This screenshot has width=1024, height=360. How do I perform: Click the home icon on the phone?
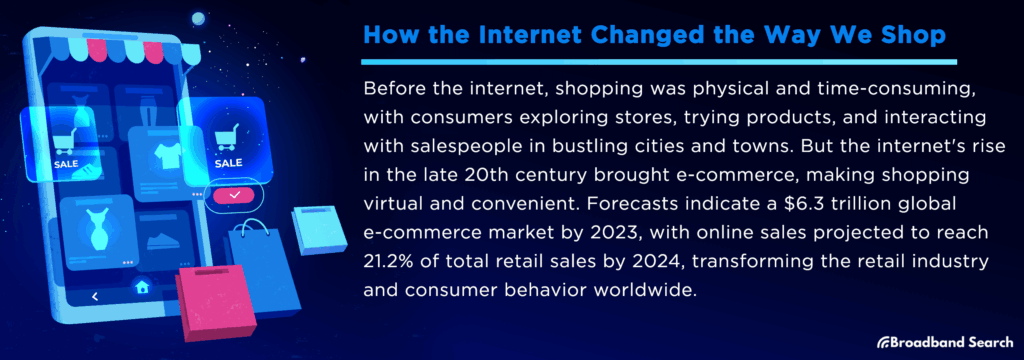pyautogui.click(x=142, y=287)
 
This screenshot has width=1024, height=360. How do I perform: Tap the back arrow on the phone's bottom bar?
pyautogui.click(x=94, y=296)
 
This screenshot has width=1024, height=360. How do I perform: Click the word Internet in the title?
pyautogui.click(x=497, y=36)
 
